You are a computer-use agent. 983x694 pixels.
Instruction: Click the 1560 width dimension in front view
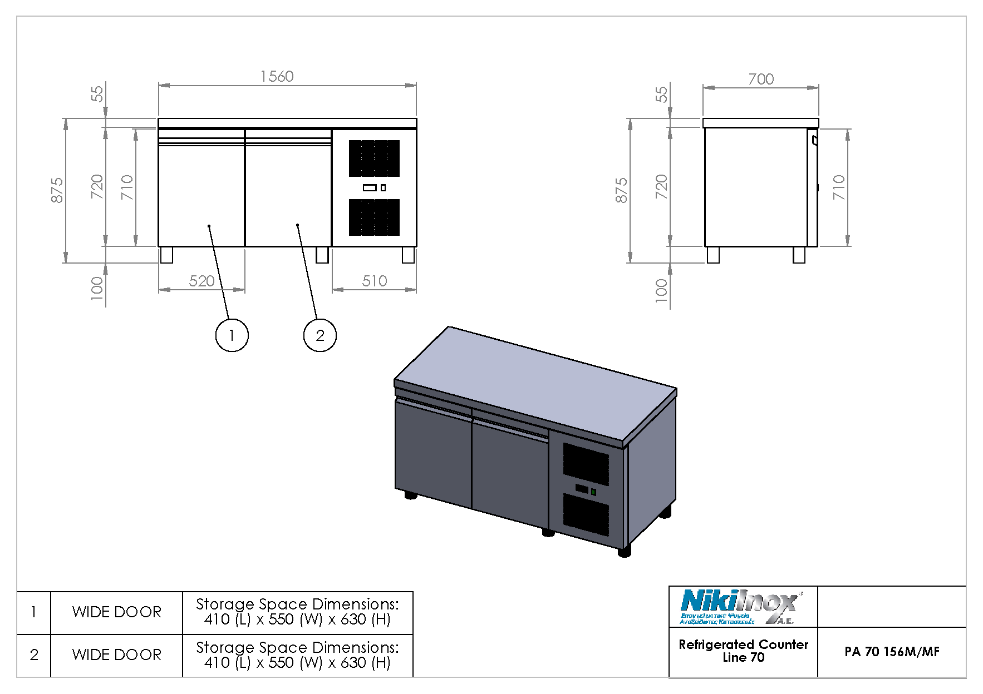pos(277,76)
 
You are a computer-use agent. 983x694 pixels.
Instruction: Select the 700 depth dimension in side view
pos(760,79)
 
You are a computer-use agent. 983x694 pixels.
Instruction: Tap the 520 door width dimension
pos(201,281)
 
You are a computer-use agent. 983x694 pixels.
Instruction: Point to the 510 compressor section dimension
pos(374,281)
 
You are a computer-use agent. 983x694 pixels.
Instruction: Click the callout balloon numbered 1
pos(232,335)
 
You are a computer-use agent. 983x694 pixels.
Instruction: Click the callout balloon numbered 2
pos(320,335)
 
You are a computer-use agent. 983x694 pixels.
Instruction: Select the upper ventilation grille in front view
pos(374,158)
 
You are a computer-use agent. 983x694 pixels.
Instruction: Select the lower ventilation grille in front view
pos(374,217)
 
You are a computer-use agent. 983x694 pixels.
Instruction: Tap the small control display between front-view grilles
pos(370,187)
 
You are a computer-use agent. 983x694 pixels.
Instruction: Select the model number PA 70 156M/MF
pos(891,652)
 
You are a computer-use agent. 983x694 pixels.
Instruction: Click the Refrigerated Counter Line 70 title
pos(743,651)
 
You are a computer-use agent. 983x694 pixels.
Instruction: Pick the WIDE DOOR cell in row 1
pos(116,612)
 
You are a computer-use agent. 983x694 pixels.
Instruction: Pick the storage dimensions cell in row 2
pos(297,655)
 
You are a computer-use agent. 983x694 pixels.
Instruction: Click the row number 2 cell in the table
pos(34,655)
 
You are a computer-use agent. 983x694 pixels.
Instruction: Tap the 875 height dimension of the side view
pos(621,190)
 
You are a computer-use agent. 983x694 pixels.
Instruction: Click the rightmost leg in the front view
pos(408,255)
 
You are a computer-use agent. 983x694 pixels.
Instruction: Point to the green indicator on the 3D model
pos(593,492)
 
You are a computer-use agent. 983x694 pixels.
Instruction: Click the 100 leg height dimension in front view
pos(97,288)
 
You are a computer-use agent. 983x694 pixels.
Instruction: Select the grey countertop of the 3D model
pos(534,384)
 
